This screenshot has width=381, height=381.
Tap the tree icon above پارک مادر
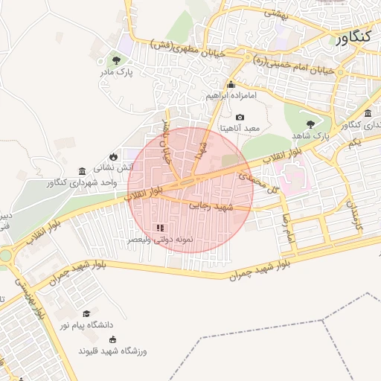pyautogui.click(x=115, y=60)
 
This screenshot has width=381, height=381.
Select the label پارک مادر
pyautogui.click(x=115, y=73)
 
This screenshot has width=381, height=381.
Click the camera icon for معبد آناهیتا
pyautogui.click(x=240, y=117)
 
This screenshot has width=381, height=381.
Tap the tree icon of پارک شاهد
pyautogui.click(x=310, y=124)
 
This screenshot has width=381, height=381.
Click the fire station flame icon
pyautogui.click(x=113, y=157)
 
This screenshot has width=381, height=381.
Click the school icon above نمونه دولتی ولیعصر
pyautogui.click(x=159, y=227)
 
